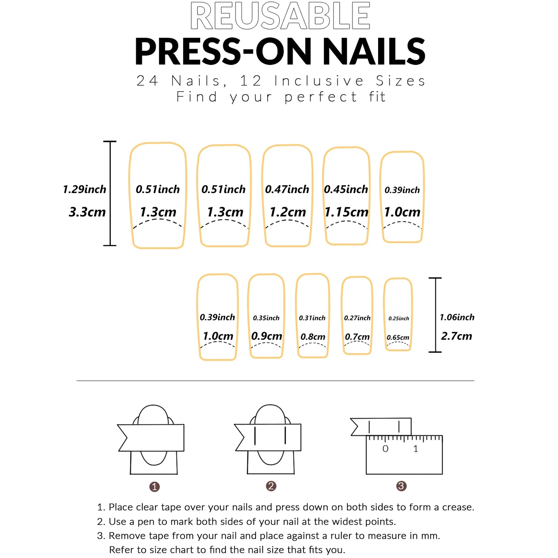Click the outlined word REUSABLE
click(x=280, y=16)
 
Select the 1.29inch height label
click(x=85, y=189)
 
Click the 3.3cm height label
click(x=87, y=212)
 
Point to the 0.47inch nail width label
click(x=287, y=189)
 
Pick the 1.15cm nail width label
click(x=346, y=212)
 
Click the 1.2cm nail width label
click(x=287, y=212)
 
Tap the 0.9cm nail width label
click(x=267, y=336)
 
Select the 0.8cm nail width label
click(x=313, y=336)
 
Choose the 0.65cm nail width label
click(x=398, y=337)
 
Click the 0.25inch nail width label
click(x=399, y=319)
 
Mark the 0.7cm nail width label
click(x=357, y=336)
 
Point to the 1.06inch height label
click(x=457, y=317)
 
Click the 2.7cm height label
click(x=456, y=336)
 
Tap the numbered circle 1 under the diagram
click(x=154, y=486)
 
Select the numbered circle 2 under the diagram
click(x=271, y=486)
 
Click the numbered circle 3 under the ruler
click(x=401, y=486)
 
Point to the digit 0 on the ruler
click(x=385, y=449)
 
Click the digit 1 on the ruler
click(x=416, y=449)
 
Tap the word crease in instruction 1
click(x=457, y=507)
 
